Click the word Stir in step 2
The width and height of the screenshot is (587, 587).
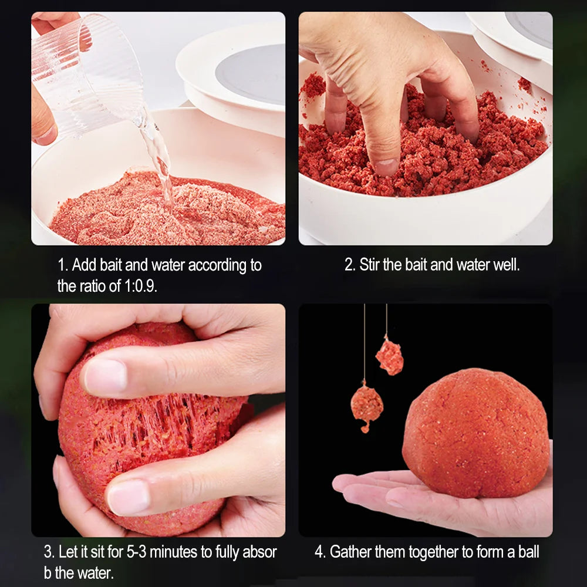point(369,265)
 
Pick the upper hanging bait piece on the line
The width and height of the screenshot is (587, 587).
point(390,356)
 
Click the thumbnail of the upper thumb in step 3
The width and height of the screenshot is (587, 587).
point(106,376)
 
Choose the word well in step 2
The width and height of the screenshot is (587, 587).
point(507,265)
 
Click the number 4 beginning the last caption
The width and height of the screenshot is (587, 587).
point(319,552)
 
